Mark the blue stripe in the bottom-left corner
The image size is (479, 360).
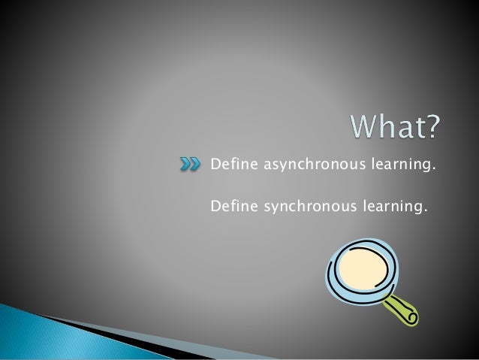tap(30, 331)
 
